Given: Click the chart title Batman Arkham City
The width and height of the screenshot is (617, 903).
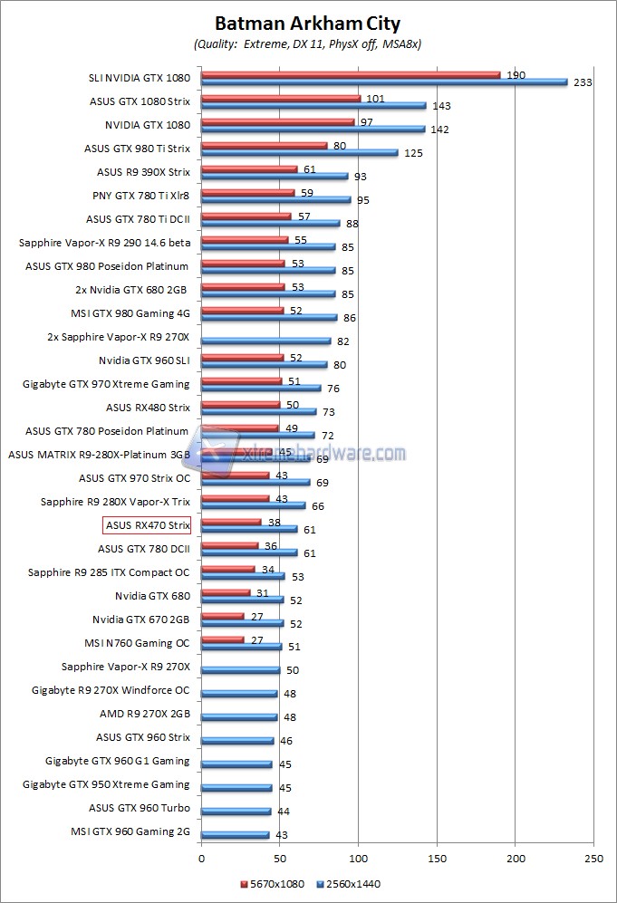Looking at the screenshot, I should coord(307,24).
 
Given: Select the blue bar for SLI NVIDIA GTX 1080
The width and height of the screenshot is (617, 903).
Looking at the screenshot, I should coord(384,82).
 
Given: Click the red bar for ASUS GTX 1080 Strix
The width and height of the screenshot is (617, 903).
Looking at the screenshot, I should coord(281,98).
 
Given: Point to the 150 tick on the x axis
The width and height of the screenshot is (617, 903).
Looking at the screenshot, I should coord(437,857).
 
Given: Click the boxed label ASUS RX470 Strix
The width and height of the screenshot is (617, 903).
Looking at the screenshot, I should coord(148,525).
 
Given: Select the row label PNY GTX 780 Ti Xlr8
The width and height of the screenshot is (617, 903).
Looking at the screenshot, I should coord(141,195).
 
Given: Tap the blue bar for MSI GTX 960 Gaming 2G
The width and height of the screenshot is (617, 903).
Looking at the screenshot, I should coord(235,835).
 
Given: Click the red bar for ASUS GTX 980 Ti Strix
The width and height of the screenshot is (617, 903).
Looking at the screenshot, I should coord(264,145).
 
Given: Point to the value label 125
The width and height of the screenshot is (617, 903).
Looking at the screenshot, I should coord(413,153).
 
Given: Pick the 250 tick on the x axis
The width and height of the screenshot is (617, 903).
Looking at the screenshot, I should coord(593,857).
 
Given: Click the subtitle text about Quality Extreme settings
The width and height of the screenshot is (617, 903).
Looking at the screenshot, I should coord(307,43).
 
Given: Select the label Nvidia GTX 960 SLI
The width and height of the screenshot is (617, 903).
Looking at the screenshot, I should coord(145,360).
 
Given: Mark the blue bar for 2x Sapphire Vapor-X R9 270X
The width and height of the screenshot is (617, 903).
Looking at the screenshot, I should coord(265,341).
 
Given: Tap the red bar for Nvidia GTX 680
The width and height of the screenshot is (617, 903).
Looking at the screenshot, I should coord(226,592).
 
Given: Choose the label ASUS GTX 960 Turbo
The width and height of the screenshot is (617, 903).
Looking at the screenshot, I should coord(140,808).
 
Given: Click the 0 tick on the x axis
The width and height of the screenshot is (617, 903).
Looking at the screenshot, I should coord(201,857).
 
